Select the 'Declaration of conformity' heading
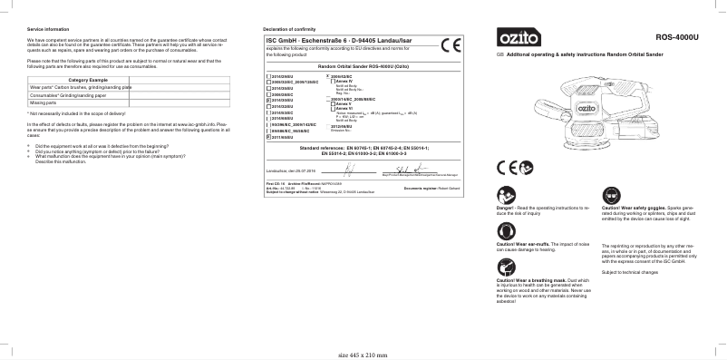pos(289,30)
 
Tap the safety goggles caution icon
pos(610,195)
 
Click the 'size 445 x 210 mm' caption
pos(363,355)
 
